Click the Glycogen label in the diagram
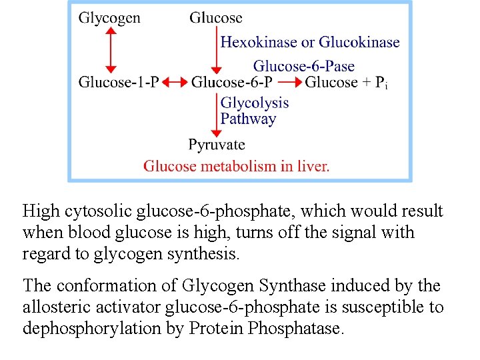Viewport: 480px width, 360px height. tap(109, 18)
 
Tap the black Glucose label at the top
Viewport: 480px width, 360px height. tap(215, 18)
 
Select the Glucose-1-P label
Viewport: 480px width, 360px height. tap(119, 83)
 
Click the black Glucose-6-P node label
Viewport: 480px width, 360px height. tap(232, 83)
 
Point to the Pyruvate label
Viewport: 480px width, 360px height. tap(217, 145)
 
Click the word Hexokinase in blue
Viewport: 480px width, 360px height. tap(259, 43)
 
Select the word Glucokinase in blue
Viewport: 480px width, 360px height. tap(359, 43)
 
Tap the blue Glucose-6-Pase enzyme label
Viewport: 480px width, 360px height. tap(303, 66)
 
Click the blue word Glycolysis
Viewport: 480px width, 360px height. tap(255, 103)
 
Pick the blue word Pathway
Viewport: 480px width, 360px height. tap(248, 119)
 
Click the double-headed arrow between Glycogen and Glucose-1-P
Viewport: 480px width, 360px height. tap(110, 49)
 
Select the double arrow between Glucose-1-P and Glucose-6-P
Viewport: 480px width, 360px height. tap(175, 83)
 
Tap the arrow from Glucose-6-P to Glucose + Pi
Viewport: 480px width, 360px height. tap(289, 83)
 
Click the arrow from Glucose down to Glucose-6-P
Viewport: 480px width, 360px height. tap(215, 49)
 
